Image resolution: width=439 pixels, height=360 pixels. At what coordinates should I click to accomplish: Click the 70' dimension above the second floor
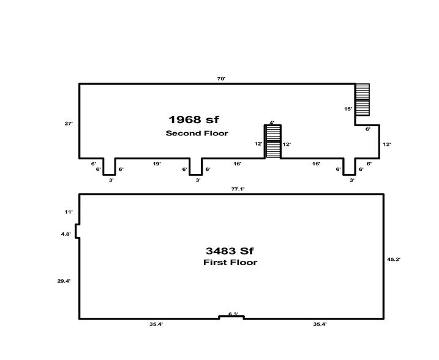222,79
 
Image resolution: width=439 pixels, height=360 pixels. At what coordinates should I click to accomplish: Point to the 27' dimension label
69,123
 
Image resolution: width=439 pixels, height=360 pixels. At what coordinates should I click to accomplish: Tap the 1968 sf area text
193,119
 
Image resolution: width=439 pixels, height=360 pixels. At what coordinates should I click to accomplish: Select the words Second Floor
197,133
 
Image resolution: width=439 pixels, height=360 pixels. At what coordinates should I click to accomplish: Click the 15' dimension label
348,108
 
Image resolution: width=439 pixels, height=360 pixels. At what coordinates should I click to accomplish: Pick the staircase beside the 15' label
362,100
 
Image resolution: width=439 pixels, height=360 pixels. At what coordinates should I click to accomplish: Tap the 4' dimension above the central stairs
272,122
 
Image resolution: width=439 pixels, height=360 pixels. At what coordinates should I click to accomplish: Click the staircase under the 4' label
272,141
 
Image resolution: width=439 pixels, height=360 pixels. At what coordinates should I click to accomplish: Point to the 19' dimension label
156,163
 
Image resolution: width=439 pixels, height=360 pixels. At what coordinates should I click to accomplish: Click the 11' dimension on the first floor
69,211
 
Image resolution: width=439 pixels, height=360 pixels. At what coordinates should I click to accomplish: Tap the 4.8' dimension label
66,233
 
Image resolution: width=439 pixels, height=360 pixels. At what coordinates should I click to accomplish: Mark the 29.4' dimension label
64,280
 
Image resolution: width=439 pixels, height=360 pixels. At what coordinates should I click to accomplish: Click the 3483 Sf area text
230,250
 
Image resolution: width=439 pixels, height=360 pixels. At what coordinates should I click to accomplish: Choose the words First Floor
230,263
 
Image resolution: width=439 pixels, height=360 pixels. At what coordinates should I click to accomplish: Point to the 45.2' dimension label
394,259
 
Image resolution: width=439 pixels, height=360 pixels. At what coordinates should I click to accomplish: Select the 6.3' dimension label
232,314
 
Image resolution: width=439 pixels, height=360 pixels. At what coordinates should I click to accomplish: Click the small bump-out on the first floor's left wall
77,233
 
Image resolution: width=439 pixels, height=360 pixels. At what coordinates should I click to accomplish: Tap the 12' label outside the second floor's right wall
386,144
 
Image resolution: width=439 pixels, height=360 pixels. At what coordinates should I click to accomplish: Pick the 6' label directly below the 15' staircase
367,129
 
